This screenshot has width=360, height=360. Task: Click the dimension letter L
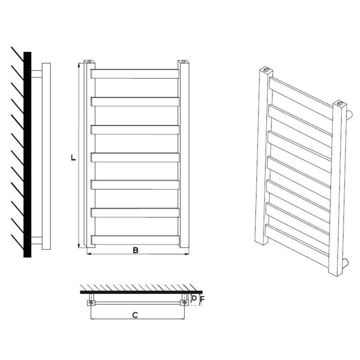point(73,157)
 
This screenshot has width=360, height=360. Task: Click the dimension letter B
point(135,250)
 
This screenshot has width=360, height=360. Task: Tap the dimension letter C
point(135,315)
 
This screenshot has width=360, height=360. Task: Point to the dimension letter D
point(194,298)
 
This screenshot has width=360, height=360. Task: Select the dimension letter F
point(202,299)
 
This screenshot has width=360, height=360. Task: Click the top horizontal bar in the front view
point(135,73)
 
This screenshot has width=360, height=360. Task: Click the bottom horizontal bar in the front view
point(135,240)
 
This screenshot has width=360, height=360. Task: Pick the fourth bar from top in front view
point(135,157)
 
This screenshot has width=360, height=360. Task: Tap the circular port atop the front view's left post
point(89,62)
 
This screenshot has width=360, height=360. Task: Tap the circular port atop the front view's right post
point(183,61)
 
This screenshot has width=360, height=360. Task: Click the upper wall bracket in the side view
point(36,74)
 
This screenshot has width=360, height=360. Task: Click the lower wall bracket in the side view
point(36,240)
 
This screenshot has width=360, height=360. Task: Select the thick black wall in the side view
point(27,154)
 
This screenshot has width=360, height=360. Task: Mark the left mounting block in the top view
point(91,303)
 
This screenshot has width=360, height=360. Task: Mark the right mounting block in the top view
point(184,303)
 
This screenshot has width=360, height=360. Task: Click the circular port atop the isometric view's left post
point(266,69)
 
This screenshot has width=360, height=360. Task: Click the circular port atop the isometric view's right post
point(340,103)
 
